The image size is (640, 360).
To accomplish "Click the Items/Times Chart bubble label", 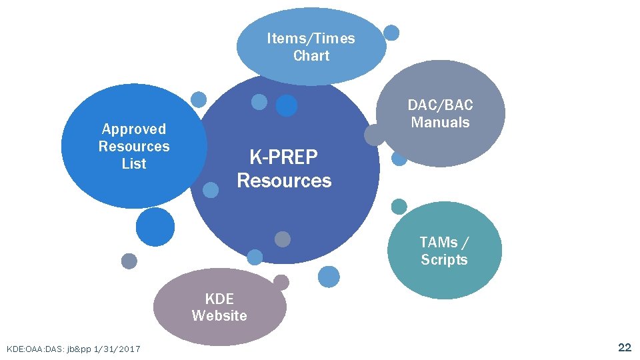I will point(311,47).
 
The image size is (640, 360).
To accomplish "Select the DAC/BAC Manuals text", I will point(440,114).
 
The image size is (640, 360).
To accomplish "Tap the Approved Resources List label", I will point(134,146).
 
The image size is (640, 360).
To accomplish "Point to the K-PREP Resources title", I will point(284,169).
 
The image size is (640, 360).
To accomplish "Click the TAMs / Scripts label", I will point(444,251).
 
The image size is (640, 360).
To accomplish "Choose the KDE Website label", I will point(219,307).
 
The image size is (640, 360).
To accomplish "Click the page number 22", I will point(625,347).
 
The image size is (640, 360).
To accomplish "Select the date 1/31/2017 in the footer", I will point(117,349).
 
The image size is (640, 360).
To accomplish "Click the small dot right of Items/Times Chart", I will point(392,32).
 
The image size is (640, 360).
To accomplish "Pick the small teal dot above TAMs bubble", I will point(399,207).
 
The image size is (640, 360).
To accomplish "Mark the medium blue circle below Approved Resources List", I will point(155,227).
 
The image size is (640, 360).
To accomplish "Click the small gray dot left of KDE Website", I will point(129,261).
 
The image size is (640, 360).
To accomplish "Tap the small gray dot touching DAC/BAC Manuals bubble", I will point(375,135).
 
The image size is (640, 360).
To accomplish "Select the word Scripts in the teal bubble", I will point(444,259).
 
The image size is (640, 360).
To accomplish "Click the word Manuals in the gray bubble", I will point(440,123).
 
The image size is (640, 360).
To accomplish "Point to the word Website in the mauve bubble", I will point(219,315).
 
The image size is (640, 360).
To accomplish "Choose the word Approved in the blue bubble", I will point(134,129).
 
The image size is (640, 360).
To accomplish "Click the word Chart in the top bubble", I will point(311,55).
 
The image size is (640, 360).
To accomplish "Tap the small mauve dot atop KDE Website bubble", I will point(281,282).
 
